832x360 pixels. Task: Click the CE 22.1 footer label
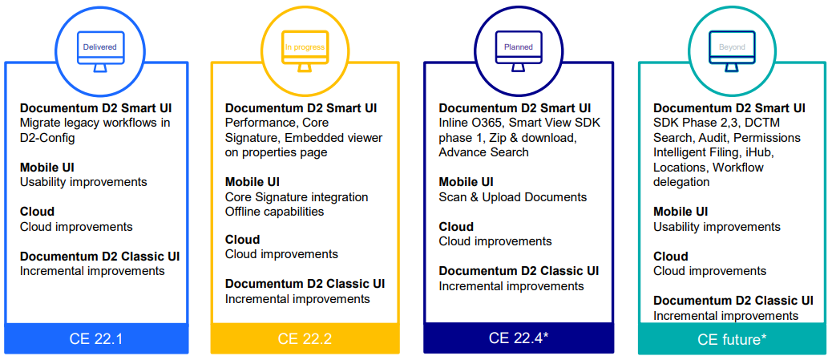tap(96, 339)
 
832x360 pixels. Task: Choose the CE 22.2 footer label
tap(305, 339)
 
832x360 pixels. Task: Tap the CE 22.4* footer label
tap(519, 338)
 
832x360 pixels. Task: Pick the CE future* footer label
tap(732, 339)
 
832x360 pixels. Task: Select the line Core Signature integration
tap(297, 197)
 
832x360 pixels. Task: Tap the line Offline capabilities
tap(275, 212)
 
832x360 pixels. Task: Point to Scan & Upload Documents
tap(512, 197)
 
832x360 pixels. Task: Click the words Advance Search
tap(483, 152)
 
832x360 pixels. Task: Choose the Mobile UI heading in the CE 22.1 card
tap(47, 168)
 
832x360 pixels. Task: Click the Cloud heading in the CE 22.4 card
tap(456, 227)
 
